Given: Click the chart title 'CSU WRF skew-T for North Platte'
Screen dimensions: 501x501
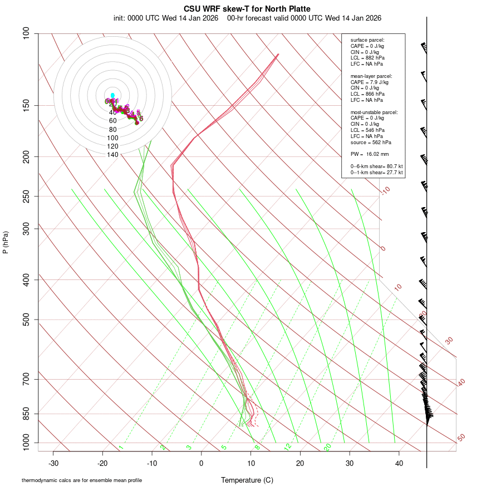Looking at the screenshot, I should pos(247,9).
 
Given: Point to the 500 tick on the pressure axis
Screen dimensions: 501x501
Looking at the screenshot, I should pos(26,320).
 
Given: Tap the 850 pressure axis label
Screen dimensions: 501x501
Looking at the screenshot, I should pos(26,414).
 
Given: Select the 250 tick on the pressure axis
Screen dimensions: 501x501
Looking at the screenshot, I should pos(26,196).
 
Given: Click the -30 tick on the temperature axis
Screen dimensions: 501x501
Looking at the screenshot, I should pos(53,463).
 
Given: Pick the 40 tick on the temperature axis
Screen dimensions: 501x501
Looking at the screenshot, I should pos(399,463).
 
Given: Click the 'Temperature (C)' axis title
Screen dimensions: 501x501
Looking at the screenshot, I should pos(247,480).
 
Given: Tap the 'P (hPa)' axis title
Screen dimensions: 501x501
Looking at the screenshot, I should pos(6,242).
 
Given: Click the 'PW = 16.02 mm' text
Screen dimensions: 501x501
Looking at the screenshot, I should pos(370,154).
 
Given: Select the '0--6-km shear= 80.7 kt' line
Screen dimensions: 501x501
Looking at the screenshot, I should pos(377,166).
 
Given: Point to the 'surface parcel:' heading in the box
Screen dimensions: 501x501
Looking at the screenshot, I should pos(367,40).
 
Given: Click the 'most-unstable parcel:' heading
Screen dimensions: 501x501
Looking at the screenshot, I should pos(374,112).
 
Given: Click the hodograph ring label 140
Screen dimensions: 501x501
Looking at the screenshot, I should pos(112,155).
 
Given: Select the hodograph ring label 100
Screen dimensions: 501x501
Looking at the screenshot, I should pos(112,137).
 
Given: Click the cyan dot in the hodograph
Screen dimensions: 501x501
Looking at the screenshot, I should pos(112,95).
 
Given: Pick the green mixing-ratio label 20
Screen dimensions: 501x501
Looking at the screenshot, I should pos(328,447).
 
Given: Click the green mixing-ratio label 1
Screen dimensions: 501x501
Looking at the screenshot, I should pos(121,448).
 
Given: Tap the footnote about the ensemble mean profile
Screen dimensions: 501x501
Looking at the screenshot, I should pos(82,480).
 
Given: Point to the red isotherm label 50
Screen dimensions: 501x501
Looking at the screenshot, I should pos(461,438).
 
